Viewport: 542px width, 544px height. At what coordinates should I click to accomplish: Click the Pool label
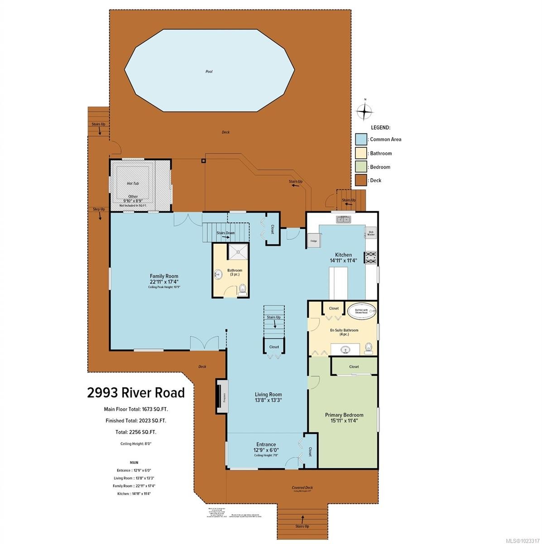[209, 72]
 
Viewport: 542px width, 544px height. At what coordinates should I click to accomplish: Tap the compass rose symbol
[365, 111]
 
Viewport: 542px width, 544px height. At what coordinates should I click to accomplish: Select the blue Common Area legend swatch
[361, 139]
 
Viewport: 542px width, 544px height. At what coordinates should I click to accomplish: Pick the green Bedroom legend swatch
[361, 167]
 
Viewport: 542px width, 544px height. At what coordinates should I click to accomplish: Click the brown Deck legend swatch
[361, 180]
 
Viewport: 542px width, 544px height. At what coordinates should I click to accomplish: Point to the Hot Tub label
[133, 184]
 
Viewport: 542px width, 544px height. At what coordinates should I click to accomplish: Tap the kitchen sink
[344, 219]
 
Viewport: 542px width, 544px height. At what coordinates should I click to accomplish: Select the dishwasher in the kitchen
[371, 233]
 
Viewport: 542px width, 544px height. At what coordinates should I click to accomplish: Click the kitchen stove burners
[370, 258]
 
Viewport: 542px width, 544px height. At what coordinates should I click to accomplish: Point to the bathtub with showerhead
[361, 311]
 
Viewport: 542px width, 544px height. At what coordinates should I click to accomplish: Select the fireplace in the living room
[222, 396]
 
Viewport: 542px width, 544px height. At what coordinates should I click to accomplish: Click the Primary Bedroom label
[344, 415]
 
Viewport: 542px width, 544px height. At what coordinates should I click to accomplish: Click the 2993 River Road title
[136, 392]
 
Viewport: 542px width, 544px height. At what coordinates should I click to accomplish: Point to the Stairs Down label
[225, 233]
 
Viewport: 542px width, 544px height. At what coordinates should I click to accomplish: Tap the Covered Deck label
[302, 488]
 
